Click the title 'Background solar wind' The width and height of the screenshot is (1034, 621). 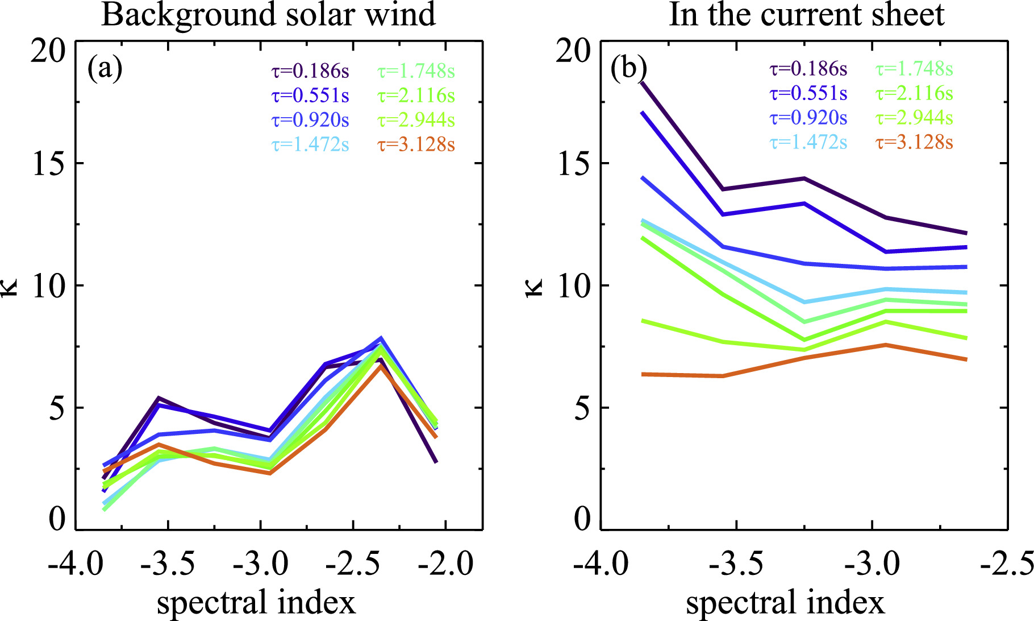coord(268,15)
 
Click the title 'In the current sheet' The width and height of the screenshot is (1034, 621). coord(806,15)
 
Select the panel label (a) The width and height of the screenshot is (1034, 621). coord(105,69)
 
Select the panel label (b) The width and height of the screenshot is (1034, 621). coord(628,69)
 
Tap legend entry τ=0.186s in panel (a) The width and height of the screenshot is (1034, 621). coord(310,71)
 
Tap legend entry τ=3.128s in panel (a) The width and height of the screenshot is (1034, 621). coord(416,144)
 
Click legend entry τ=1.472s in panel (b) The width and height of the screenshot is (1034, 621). coord(808,142)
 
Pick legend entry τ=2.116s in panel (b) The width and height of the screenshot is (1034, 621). coord(914,93)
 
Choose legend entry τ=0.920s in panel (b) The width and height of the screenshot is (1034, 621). coord(808,117)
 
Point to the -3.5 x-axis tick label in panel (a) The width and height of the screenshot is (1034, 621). coord(168,564)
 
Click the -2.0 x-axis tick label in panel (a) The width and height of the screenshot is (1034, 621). coord(445,564)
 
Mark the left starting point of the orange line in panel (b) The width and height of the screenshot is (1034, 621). coord(643,374)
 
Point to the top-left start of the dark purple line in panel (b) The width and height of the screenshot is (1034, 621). coord(642,83)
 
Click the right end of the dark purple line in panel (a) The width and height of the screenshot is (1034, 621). coord(436,462)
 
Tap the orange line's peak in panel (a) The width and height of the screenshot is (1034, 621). coord(381,365)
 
